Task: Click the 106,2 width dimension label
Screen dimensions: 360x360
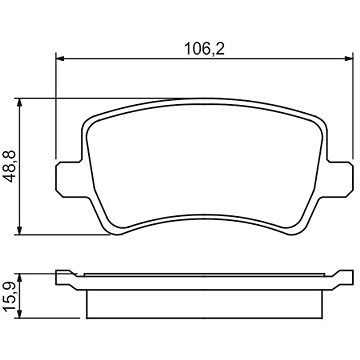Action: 205,50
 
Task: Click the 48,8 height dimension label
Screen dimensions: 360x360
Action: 11,166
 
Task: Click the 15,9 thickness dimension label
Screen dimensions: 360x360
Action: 11,296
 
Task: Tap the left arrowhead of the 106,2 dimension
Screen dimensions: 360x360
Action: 60,59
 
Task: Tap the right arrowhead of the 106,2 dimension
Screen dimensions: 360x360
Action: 348,59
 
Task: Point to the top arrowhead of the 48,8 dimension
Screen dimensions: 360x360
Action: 20,103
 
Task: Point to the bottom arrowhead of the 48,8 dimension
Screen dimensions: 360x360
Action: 20,230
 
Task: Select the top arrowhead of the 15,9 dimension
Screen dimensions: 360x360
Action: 20,278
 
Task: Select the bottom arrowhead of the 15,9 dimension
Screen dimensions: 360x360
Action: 20,314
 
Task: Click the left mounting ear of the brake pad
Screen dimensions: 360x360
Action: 68,179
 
